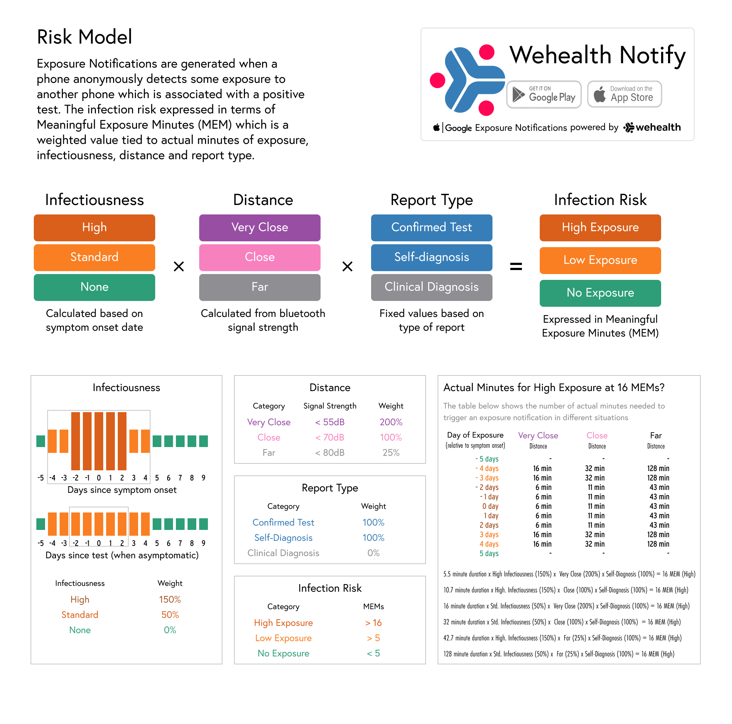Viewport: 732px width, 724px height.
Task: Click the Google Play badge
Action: (x=544, y=94)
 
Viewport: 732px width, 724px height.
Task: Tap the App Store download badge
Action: (x=624, y=94)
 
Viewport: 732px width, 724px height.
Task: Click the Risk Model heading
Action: (x=84, y=37)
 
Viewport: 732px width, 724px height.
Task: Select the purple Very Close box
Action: (x=260, y=228)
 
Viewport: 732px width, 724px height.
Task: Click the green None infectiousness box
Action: (x=94, y=287)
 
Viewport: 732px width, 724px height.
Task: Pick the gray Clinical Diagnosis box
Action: (x=431, y=287)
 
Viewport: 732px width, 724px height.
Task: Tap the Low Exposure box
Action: (x=600, y=260)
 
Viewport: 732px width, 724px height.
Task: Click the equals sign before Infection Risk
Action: (x=516, y=266)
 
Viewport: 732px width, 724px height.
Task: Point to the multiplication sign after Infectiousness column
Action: (x=178, y=266)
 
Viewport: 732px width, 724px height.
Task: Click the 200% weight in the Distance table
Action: (x=391, y=422)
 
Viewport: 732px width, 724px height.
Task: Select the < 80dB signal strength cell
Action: (x=330, y=453)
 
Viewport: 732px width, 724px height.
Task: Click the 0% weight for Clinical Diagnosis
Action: (x=373, y=553)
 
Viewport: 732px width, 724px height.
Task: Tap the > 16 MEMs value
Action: (x=373, y=623)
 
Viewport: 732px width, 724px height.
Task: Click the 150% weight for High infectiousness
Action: (x=170, y=599)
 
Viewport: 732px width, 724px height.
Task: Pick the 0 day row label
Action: (x=490, y=506)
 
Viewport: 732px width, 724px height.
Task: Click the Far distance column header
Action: (x=655, y=436)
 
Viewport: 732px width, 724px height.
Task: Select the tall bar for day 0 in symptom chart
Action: (x=99, y=441)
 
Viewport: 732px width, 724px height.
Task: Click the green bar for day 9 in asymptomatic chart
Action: (x=204, y=524)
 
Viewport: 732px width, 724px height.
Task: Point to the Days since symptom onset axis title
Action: (x=122, y=490)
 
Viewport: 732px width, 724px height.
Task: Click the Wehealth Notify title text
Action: (x=597, y=55)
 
